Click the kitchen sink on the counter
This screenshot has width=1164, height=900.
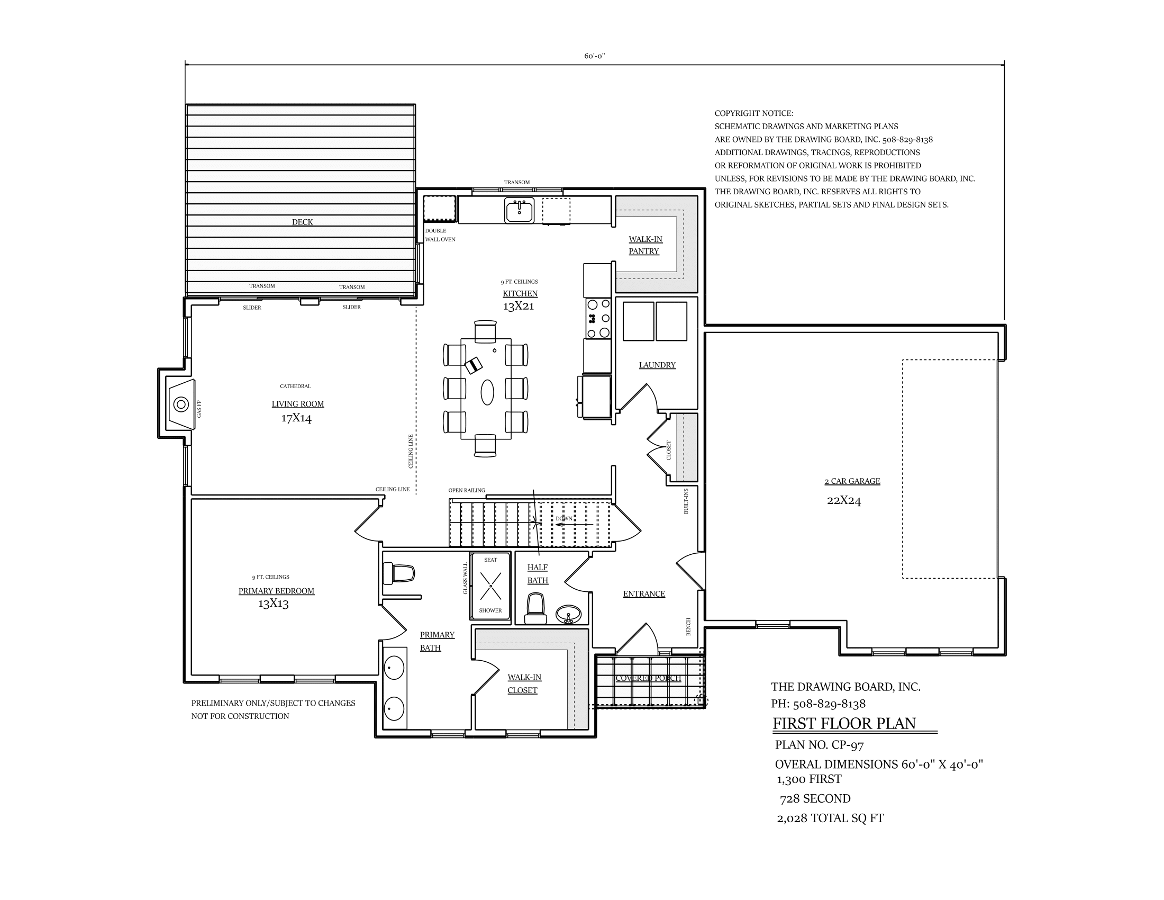click(x=519, y=210)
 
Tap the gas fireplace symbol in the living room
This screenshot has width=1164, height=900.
click(x=180, y=404)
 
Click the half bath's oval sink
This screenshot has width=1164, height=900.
click(x=569, y=615)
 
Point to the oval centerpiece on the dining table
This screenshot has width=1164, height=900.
click(x=487, y=393)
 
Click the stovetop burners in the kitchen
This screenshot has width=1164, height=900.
click(x=597, y=318)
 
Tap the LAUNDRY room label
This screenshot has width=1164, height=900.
click(x=657, y=365)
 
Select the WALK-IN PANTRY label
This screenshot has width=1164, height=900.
click(x=645, y=245)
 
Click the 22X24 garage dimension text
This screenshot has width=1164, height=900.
click(x=844, y=500)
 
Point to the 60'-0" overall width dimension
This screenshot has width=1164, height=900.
click(x=594, y=56)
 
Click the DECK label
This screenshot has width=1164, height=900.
click(x=302, y=222)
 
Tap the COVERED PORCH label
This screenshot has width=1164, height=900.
click(x=648, y=678)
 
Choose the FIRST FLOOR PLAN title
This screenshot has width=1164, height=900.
click(x=844, y=724)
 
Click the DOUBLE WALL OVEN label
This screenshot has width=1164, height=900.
click(x=440, y=235)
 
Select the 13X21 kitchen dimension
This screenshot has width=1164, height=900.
click(x=518, y=306)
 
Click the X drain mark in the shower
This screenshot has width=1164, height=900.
click(x=490, y=585)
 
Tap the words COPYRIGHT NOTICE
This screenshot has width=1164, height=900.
click(x=753, y=114)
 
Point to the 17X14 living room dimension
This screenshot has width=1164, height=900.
click(x=296, y=418)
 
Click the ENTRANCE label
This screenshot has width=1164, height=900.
click(x=644, y=594)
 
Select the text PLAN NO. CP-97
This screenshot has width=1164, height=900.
click(x=819, y=745)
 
